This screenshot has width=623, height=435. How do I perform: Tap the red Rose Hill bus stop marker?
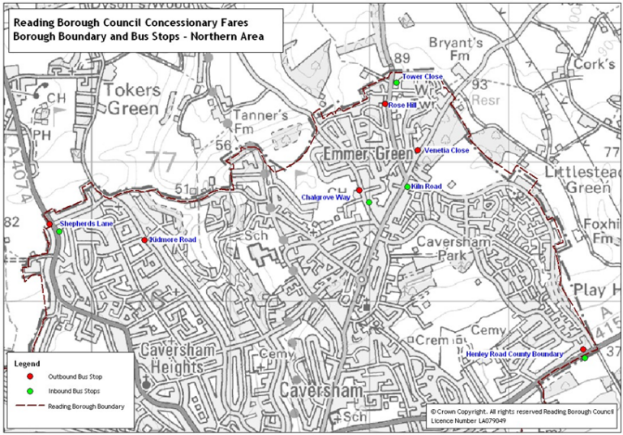pos(385,105)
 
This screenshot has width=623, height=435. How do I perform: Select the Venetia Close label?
pos(446,150)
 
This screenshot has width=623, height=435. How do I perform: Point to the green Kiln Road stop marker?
pos(407,187)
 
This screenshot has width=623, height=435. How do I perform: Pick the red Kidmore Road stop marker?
pos(144,240)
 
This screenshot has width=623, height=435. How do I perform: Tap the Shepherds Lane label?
pos(85,223)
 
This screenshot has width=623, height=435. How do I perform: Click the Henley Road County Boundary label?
pos(514,354)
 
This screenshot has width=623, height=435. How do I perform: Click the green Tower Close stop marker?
pos(396,83)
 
